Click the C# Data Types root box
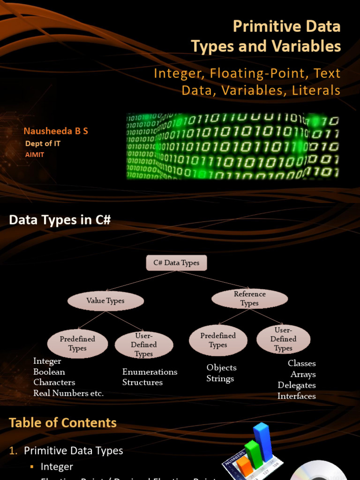pos(176,263)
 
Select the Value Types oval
pos(105,301)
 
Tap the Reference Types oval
pos(249,299)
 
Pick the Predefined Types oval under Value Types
pos(77,344)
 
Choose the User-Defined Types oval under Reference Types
pos(283,339)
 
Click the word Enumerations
pos(150,372)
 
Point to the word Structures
pos(142,382)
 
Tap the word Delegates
pos(296,385)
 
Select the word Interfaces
pos(296,396)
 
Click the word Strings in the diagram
pos(220,379)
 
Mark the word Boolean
pos(49,372)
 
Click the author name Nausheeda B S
pos(56,131)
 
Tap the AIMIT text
pos(35,154)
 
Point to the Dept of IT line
pos(43,143)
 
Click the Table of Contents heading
pos(63,423)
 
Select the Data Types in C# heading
pos(60,220)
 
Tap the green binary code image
pos(232,146)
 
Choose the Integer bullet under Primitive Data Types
pos(57,466)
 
